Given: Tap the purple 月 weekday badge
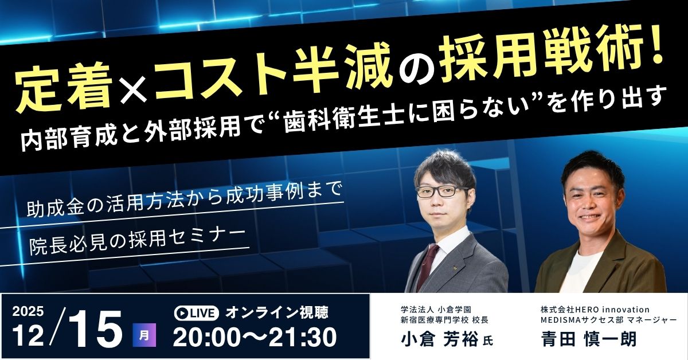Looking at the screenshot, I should coord(144,335).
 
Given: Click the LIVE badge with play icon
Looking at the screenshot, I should coord(196,313).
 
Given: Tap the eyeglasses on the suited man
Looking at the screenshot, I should coord(442,191).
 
